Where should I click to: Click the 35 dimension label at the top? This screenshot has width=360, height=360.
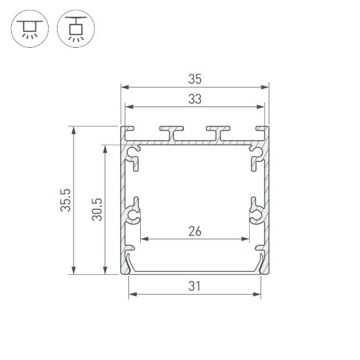pos(194,79)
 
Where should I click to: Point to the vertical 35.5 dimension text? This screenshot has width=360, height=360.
pos(66,200)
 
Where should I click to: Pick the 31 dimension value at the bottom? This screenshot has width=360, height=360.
pos(194,286)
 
